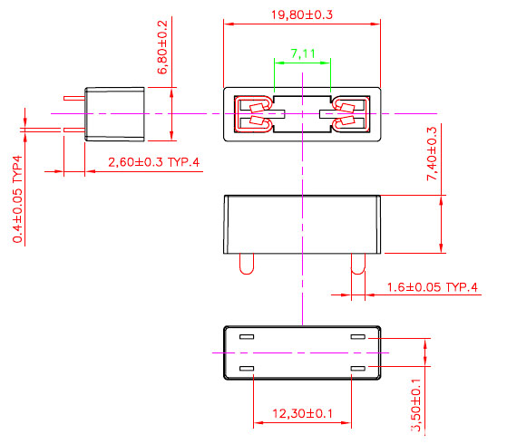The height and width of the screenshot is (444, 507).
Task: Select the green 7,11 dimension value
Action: pos(303,54)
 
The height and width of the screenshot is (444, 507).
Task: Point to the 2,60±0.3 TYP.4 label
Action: pos(153,162)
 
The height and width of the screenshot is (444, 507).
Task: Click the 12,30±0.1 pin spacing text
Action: pos(302,414)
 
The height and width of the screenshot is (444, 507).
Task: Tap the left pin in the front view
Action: pos(245,263)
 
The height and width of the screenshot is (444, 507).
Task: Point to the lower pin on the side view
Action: pos(73,130)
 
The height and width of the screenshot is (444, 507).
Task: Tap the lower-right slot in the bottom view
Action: pos(357,368)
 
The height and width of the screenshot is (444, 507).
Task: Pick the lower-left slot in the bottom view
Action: pos(246,368)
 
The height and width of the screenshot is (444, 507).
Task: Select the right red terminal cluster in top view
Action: pos(349,114)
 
